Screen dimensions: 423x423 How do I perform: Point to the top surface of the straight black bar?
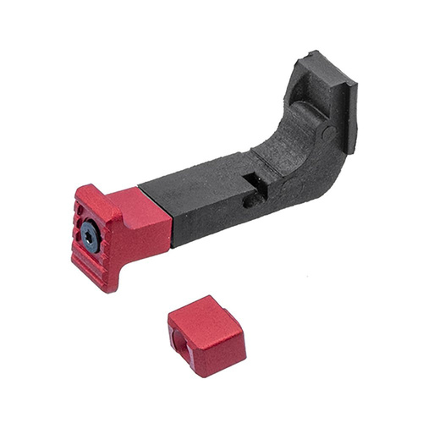203,173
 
